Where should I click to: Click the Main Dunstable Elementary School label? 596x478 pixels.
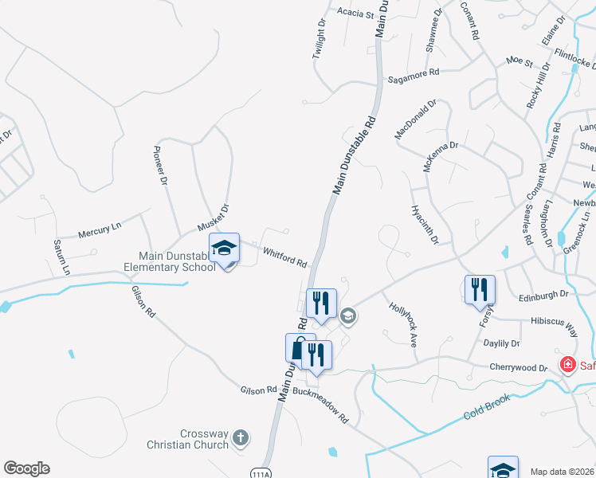tap(177, 261)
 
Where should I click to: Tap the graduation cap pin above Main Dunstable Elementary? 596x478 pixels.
tap(224, 249)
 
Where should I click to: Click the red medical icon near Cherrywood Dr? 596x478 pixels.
tap(568, 365)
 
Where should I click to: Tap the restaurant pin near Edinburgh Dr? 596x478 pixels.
tap(480, 290)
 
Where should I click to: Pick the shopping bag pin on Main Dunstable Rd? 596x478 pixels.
tap(300, 348)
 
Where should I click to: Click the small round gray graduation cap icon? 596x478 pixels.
tap(348, 316)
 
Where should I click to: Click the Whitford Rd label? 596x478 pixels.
tap(285, 256)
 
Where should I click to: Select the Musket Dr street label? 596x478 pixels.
tap(214, 219)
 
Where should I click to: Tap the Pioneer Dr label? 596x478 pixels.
tap(162, 166)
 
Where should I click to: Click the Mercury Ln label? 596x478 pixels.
tap(100, 230)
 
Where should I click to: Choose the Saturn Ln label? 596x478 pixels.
tap(61, 257)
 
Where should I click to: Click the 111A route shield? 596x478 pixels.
tap(258, 472)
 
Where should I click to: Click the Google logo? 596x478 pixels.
tap(26, 468)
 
